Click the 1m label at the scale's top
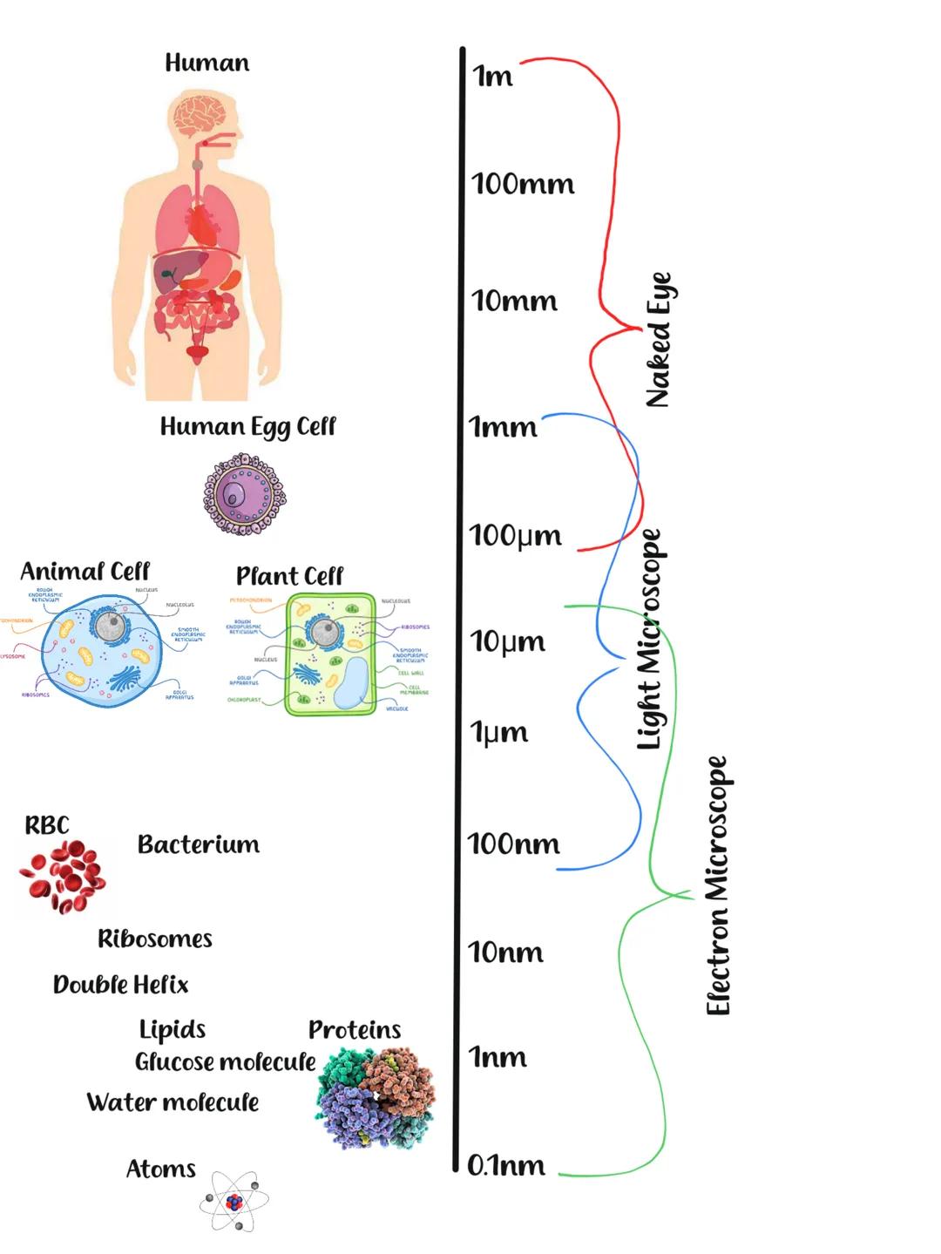coord(492,77)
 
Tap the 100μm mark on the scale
coord(515,535)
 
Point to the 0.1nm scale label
coord(506,1165)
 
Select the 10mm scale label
coord(514,301)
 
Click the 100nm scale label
coord(513,844)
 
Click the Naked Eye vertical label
coord(659,340)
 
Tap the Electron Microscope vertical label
coord(716,885)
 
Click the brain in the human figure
coord(200,115)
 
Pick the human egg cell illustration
coord(244,494)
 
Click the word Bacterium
coord(199,844)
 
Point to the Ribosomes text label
coord(155,939)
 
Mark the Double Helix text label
coord(120,985)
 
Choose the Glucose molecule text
coord(225,1062)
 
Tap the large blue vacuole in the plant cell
coord(352,682)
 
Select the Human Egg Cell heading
coord(247,426)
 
